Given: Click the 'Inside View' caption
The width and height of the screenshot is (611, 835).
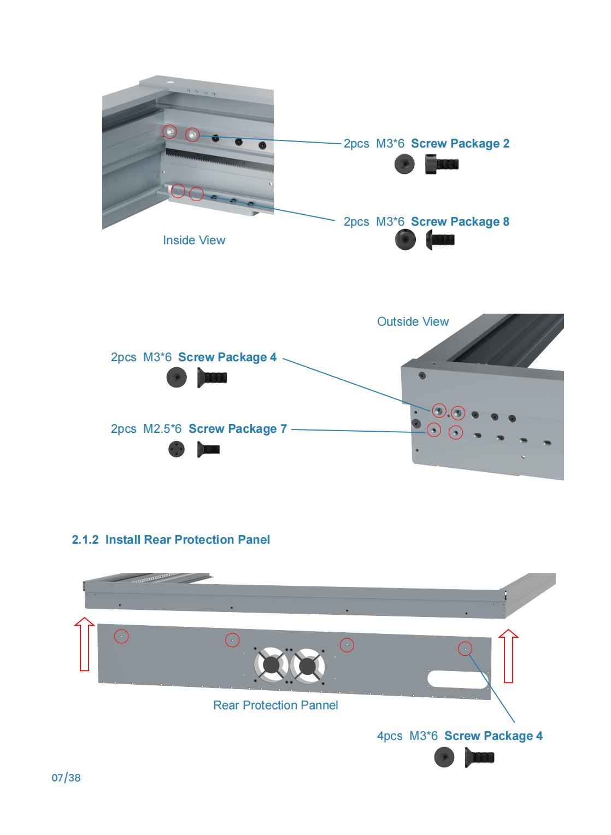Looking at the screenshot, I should coord(194,240).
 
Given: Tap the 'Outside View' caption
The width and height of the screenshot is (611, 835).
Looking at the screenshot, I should coord(413,322).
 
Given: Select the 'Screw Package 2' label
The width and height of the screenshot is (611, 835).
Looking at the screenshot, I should coord(460,144).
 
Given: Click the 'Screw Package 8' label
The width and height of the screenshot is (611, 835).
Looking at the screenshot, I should coord(460,222).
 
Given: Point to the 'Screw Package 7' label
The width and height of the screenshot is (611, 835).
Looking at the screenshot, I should coord(238,429).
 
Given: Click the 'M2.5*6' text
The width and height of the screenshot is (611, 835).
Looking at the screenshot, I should coord(162,429).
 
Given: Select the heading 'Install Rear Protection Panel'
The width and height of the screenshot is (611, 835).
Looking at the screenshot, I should coord(187,540).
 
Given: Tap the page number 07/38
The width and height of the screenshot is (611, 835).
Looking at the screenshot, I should coord(66,778).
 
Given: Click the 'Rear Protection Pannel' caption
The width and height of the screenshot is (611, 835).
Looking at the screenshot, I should coord(275,705).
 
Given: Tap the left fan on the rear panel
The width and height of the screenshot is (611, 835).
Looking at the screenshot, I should coord(272,665).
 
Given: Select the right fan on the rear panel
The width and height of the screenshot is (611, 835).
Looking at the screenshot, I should coord(308,666).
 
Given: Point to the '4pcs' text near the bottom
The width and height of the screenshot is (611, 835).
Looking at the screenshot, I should coord(390,736).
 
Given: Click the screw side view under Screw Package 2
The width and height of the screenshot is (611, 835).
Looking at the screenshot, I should coord(442,164).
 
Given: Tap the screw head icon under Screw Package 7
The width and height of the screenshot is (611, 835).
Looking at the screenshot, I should coord(177,449).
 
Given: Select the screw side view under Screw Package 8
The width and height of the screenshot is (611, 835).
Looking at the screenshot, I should coord(440,239).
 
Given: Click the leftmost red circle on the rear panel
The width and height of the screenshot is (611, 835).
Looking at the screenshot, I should coord(121,636).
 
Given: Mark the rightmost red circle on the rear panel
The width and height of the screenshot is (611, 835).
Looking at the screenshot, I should coord(465,649).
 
